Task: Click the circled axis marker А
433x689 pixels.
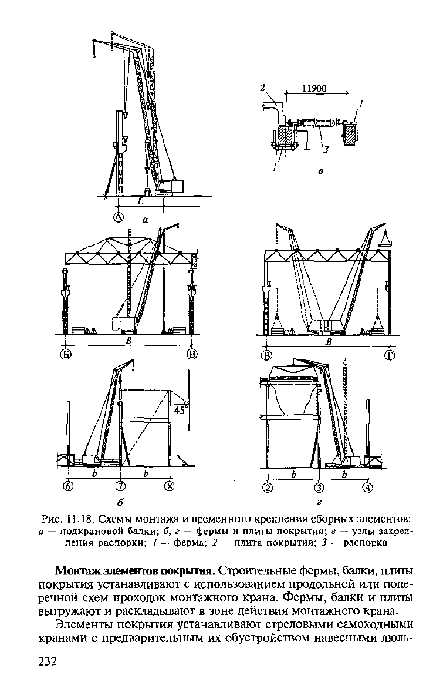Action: [119, 216]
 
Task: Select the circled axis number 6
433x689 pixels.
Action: [69, 486]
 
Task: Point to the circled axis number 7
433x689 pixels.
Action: [120, 486]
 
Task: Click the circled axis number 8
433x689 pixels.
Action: [170, 486]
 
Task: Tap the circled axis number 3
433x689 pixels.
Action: [319, 487]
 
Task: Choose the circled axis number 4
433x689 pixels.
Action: [368, 487]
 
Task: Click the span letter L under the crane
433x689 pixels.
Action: [140, 201]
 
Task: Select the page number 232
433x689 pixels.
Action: [48, 662]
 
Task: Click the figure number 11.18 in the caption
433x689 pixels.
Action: [80, 519]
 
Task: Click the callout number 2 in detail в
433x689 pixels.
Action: [262, 88]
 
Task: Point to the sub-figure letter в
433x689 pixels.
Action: [320, 173]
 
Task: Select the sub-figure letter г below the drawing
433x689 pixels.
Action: [319, 502]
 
